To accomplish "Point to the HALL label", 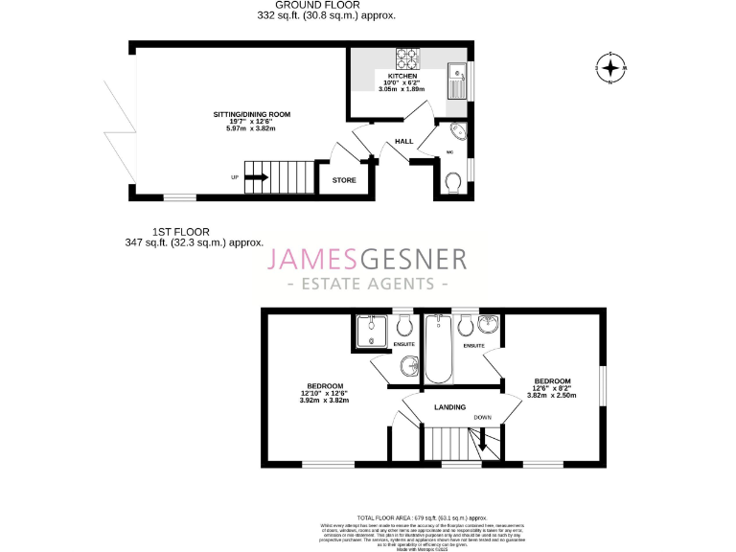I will [x=403, y=142].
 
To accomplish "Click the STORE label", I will [x=343, y=180].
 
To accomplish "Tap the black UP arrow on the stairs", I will [x=257, y=176].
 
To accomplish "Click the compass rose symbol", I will [x=609, y=68].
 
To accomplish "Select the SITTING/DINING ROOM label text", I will [x=251, y=114].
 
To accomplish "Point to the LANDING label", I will [x=449, y=407].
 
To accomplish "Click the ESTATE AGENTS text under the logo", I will [x=368, y=285].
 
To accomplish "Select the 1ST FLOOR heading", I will [x=180, y=231].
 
